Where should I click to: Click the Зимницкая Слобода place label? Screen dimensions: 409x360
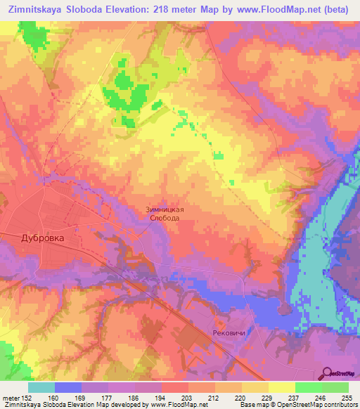pyautogui.click(x=164, y=214)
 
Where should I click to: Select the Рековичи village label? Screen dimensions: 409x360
pyautogui.click(x=229, y=334)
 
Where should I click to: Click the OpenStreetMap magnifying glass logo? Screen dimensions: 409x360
pyautogui.click(x=326, y=372)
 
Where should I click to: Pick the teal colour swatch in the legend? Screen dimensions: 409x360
pyautogui.click(x=41, y=387)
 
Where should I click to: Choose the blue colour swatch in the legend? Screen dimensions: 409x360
pyautogui.click(x=68, y=387)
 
